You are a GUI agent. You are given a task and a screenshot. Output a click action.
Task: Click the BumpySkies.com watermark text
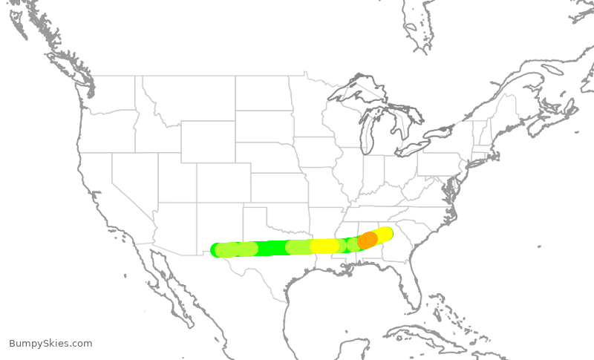click(x=50, y=344)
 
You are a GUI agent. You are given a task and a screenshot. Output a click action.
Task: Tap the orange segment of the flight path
click(x=368, y=240)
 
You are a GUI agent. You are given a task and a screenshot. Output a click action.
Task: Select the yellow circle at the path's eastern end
click(x=385, y=234)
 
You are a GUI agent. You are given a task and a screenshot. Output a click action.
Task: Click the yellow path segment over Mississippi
click(x=324, y=246)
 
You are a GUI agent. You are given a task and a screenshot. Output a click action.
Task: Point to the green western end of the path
click(x=220, y=250)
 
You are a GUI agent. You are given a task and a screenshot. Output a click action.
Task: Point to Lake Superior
click(x=356, y=89)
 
